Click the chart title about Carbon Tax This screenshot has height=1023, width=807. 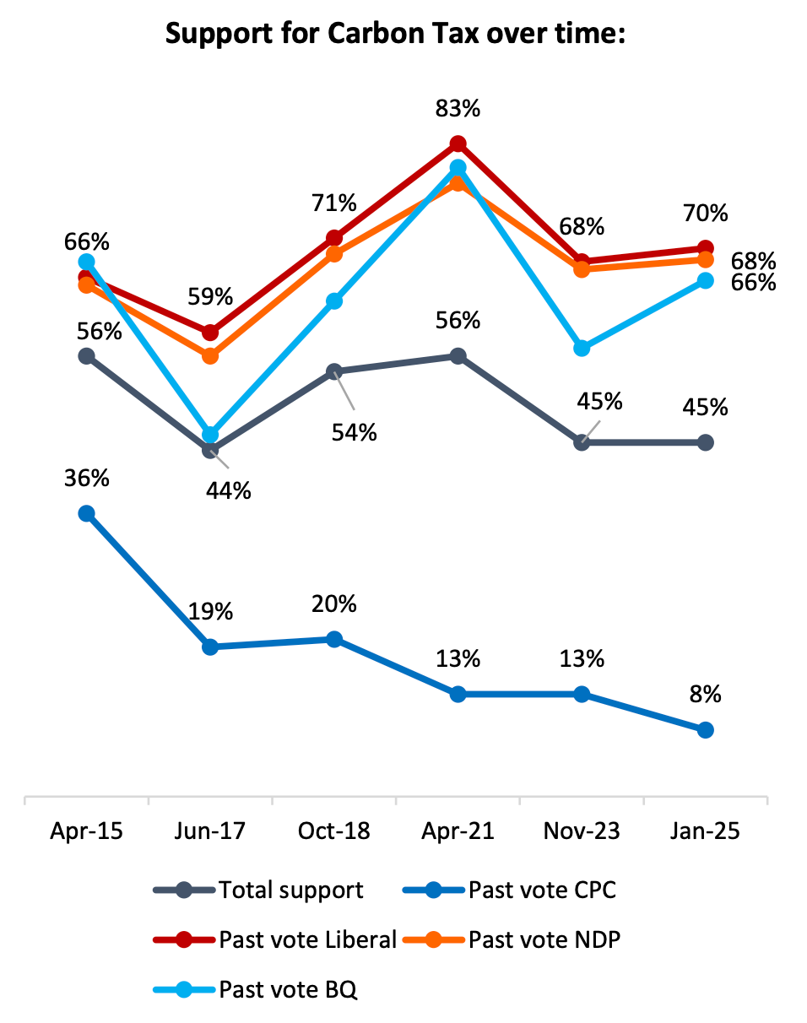point(394,35)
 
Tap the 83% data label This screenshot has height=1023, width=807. point(458,109)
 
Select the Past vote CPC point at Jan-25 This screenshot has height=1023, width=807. point(706,730)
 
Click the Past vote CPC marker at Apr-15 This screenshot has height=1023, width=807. point(86,513)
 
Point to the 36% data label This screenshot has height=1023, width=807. point(86,479)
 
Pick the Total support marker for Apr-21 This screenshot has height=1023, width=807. point(458,356)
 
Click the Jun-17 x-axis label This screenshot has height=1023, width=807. point(210,831)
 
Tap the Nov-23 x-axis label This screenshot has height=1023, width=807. point(582,831)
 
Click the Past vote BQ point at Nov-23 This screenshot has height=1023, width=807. point(582,349)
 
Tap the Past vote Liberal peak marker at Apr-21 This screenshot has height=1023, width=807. point(458,143)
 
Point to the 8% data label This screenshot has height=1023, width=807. point(706,694)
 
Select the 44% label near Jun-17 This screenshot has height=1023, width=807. point(228,491)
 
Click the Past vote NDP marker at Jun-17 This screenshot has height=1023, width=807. point(210,356)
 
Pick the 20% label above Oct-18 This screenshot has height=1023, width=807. point(334,604)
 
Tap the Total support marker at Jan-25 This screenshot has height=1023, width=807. point(706,442)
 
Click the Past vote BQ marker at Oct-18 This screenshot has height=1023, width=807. point(334,301)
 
